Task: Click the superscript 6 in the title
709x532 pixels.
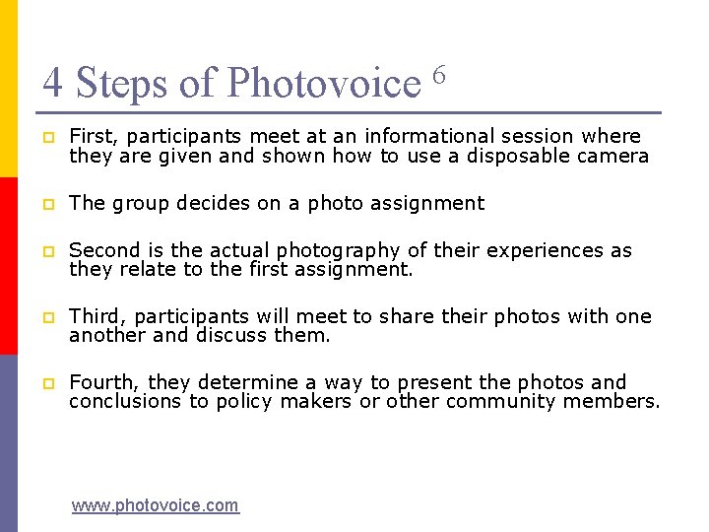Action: pos(439,74)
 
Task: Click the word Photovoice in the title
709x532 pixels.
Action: pos(324,83)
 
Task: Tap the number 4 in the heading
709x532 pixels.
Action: pos(53,83)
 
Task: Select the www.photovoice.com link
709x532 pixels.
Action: pos(155,505)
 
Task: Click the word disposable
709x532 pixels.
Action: pos(519,156)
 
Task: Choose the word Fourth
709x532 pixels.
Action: pos(101,382)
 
